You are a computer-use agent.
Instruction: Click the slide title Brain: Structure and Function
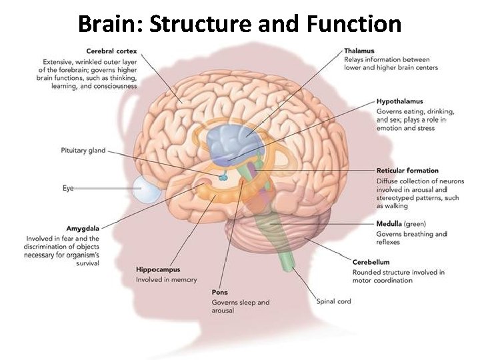[240, 24]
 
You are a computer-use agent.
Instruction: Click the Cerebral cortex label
[111, 51]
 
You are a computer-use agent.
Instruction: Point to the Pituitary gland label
[83, 151]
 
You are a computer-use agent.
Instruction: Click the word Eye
[68, 189]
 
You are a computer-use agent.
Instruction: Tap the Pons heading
[220, 292]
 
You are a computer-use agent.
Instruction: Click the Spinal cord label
[333, 301]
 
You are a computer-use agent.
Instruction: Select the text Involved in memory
[167, 280]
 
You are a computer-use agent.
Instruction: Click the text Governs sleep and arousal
[240, 307]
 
